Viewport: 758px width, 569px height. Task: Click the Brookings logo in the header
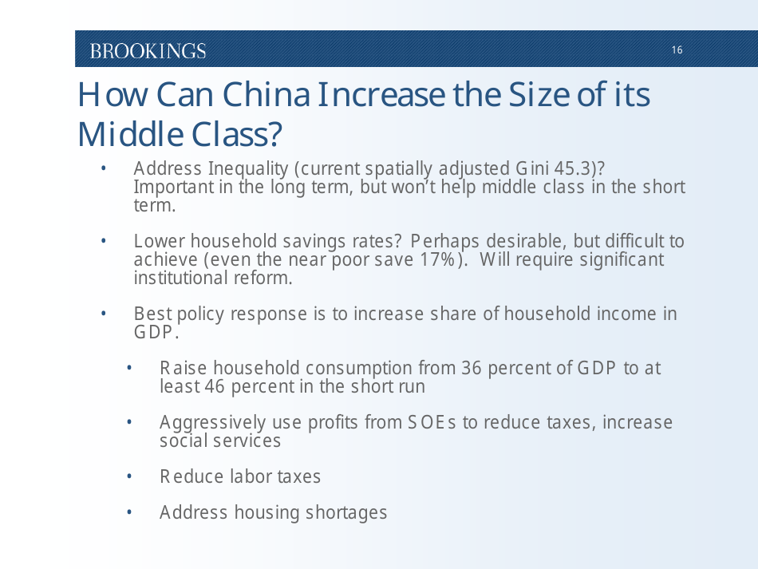148,51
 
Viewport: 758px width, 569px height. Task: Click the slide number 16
677,50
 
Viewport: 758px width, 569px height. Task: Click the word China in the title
266,95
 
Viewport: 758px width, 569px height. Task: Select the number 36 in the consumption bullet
471,368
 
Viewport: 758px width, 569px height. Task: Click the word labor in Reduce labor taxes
251,476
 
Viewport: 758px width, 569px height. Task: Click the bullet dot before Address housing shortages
129,512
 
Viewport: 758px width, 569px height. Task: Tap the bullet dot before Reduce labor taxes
129,476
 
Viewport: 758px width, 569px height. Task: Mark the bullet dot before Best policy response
103,314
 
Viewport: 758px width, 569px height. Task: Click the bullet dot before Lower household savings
103,241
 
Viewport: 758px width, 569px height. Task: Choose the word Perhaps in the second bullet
444,241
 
